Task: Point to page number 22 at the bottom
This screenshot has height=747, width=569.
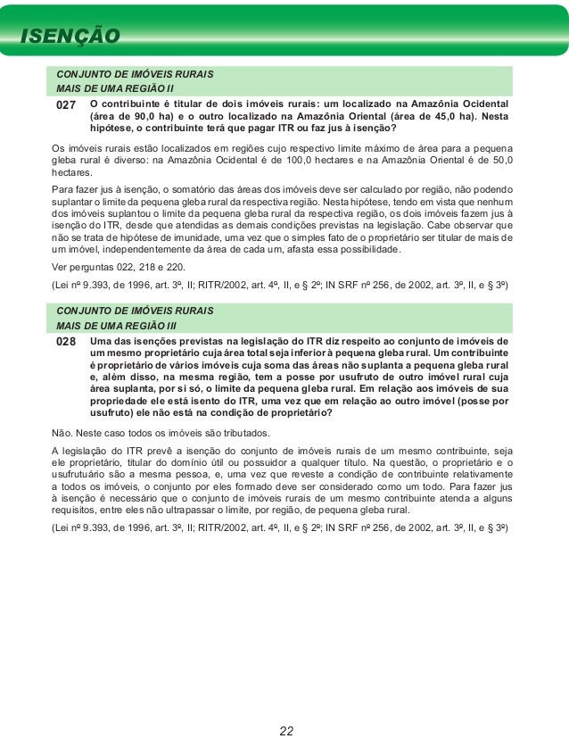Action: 286,731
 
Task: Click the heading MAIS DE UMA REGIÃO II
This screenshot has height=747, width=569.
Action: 115,89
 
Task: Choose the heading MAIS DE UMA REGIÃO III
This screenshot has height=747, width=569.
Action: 117,325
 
